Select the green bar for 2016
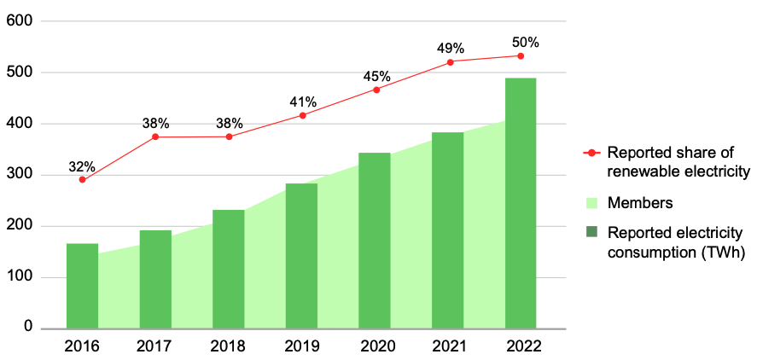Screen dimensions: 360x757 pyautogui.click(x=82, y=286)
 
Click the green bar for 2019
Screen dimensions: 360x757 pyautogui.click(x=301, y=256)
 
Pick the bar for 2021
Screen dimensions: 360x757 pyautogui.click(x=447, y=230)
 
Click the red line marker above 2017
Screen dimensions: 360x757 pyautogui.click(x=155, y=136)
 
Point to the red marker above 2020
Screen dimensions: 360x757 pyautogui.click(x=376, y=90)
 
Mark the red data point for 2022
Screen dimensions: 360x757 pyautogui.click(x=521, y=56)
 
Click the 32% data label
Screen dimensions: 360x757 pyautogui.click(x=82, y=166)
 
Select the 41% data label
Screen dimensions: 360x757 pyautogui.click(x=301, y=102)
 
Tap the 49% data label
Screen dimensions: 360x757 pyautogui.click(x=450, y=48)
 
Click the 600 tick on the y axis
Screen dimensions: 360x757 pyautogui.click(x=19, y=21)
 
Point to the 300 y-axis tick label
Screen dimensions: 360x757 pyautogui.click(x=19, y=175)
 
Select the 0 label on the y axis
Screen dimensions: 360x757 pyautogui.click(x=29, y=328)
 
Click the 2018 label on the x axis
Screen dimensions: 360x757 pyautogui.click(x=228, y=346)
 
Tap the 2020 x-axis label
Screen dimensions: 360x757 pyautogui.click(x=375, y=346)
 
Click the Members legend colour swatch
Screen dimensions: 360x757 pyautogui.click(x=591, y=203)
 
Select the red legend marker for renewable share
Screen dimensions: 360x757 pyautogui.click(x=591, y=154)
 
